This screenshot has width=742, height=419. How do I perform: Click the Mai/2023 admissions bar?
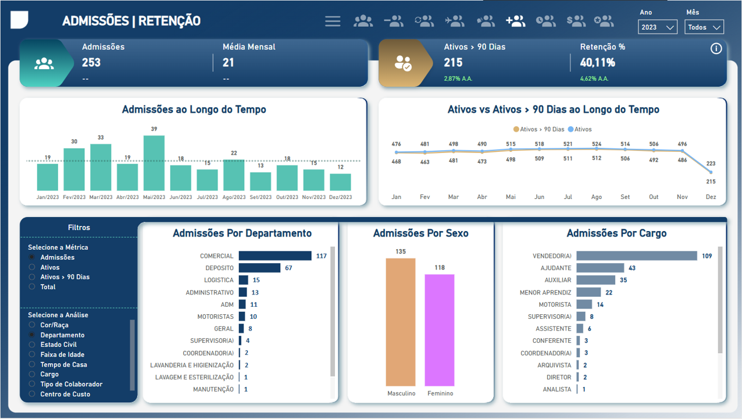point(154,164)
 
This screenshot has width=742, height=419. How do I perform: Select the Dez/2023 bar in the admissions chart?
point(340,182)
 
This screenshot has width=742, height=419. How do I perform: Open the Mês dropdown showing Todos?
point(704,27)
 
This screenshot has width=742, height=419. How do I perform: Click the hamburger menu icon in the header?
point(333,22)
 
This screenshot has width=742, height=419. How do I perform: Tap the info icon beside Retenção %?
point(716,49)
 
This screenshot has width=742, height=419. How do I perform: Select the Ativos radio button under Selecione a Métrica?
point(33,267)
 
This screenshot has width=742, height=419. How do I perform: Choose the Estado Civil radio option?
point(33,345)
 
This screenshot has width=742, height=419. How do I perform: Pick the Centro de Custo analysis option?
point(33,394)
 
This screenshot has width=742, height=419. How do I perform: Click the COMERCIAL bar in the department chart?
point(275,256)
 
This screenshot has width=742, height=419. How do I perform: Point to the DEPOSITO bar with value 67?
point(259,268)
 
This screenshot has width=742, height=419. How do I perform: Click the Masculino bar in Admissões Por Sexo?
point(401,322)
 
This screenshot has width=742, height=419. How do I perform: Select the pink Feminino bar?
point(440,330)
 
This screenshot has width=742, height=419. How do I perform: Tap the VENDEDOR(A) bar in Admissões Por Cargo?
point(637,256)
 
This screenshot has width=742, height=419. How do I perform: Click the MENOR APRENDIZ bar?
point(588,292)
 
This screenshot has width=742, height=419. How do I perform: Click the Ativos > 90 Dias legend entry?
point(539,129)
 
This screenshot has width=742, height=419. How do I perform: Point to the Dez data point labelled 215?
point(711,172)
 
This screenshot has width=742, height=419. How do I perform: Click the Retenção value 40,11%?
point(597,62)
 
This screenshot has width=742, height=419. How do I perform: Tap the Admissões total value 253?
point(91,62)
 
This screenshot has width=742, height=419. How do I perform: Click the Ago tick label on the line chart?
point(597,197)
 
